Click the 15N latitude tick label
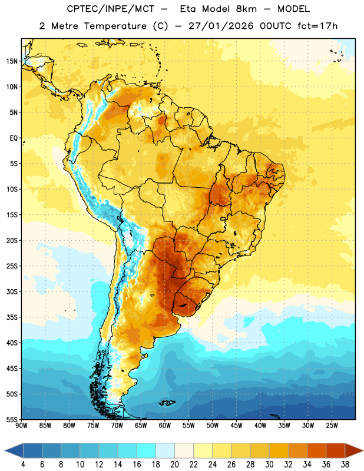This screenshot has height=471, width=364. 12,61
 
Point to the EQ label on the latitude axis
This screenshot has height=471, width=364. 14,138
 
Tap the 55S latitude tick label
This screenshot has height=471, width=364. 12,419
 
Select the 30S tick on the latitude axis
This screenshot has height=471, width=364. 12,291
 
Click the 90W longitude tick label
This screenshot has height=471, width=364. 21,426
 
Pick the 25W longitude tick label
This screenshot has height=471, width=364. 332,426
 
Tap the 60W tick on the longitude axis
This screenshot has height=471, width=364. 165,426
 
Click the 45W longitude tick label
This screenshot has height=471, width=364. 236,426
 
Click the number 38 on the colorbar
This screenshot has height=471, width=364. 345,465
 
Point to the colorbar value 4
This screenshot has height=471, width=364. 23,465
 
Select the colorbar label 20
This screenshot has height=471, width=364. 174,465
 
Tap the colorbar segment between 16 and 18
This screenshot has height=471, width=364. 147,451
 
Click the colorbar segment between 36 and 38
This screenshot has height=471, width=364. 336,451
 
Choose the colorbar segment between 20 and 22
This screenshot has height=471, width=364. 184,451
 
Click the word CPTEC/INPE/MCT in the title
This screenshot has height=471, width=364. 111,9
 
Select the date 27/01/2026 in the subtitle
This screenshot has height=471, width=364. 221,26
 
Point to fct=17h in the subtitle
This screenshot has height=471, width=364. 317,26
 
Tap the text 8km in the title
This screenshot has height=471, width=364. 246,9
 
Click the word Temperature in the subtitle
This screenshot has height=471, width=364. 115,26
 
